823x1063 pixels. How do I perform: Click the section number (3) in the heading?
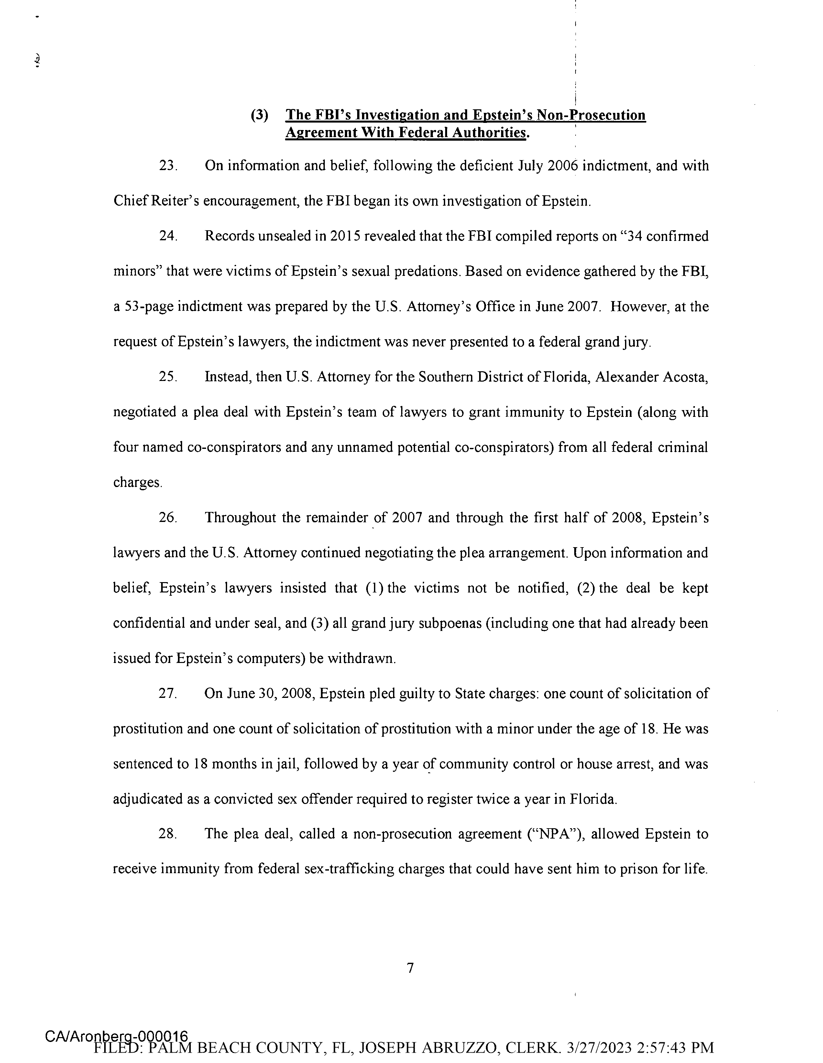(259, 116)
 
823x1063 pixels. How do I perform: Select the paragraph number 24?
(167, 236)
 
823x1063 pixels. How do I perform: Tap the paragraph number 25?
(167, 377)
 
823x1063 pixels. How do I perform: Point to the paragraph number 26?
(167, 518)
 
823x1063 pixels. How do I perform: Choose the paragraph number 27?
(167, 694)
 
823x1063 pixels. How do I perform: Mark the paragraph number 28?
(167, 834)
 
